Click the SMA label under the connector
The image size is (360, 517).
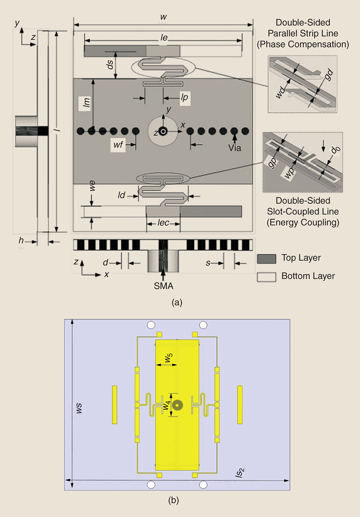coord(163,286)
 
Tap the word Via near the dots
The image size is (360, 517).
coord(235,148)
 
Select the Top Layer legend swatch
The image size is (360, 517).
coord(266,259)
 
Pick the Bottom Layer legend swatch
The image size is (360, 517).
coord(266,277)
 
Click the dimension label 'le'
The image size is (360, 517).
coord(164,37)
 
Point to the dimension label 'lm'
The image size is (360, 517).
coord(87,102)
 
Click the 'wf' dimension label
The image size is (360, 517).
coord(118,144)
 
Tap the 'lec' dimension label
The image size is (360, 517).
coord(163,223)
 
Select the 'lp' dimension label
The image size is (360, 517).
coord(184,98)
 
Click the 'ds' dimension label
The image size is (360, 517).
coord(110,65)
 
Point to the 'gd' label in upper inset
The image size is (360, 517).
coord(329,75)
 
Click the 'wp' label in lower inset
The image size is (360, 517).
coord(289,173)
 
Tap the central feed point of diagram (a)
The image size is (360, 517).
coord(163,131)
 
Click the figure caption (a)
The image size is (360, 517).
coord(177,302)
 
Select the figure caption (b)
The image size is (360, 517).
coord(174,500)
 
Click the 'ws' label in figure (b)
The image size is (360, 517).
coord(78,408)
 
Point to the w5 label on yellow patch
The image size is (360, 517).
coord(168,358)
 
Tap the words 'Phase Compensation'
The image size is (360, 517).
coord(303,44)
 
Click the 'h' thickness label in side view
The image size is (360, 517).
coord(21,241)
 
